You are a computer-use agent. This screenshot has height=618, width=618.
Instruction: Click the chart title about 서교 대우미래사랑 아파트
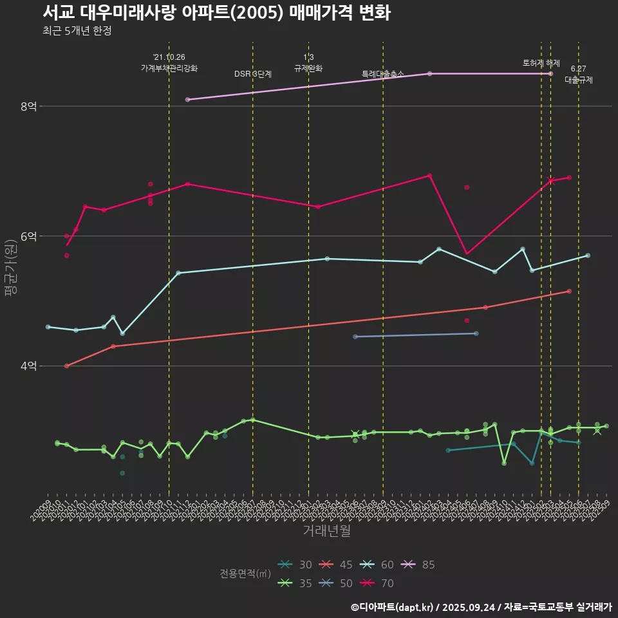click(x=216, y=12)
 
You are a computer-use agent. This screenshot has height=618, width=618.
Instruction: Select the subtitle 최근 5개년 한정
click(x=77, y=31)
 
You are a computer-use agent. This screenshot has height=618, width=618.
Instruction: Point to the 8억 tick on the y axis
click(x=28, y=106)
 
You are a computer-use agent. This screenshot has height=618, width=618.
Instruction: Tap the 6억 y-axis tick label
click(x=28, y=236)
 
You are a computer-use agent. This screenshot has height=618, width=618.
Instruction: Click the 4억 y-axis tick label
click(x=28, y=366)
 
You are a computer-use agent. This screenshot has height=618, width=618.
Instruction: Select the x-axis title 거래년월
click(x=326, y=531)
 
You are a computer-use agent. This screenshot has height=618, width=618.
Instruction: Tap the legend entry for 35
click(x=296, y=583)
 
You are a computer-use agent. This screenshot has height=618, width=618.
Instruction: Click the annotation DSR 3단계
click(x=253, y=74)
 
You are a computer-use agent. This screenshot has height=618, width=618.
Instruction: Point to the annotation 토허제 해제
click(x=541, y=63)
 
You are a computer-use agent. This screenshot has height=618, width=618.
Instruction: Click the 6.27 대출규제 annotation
click(x=578, y=75)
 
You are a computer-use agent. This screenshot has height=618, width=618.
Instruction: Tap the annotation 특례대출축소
click(x=382, y=74)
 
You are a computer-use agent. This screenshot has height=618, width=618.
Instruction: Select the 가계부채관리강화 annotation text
click(x=169, y=68)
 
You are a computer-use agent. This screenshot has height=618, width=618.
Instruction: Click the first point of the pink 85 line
click(x=187, y=100)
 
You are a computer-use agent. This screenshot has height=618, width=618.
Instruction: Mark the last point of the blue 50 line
click(x=476, y=333)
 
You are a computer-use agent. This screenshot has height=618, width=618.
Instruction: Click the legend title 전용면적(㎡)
click(x=245, y=574)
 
